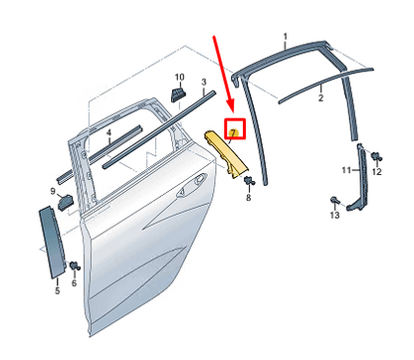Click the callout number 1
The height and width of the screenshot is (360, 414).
click(286, 37)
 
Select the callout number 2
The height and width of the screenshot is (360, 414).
click(320, 97)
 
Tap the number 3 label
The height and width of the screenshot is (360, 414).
click(204, 82)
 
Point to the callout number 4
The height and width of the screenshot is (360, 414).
click(108, 133)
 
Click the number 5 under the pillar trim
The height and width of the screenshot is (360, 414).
click(58, 290)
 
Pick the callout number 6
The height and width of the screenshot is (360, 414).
click(74, 282)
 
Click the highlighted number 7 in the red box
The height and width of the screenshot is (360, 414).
click(233, 133)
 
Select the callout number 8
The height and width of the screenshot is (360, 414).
click(249, 198)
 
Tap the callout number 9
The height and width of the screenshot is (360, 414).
click(53, 191)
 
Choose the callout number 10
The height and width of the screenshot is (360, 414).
click(179, 78)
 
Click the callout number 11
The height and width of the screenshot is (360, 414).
click(346, 170)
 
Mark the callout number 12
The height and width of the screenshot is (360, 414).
click(377, 172)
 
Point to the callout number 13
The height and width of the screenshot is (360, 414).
click(334, 215)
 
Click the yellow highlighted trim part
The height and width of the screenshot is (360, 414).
click(225, 154)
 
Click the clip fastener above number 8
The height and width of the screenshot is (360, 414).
click(249, 181)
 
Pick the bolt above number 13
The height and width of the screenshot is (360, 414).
click(334, 200)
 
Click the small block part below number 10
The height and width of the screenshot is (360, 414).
click(178, 95)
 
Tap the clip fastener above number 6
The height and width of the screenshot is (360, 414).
click(75, 266)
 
